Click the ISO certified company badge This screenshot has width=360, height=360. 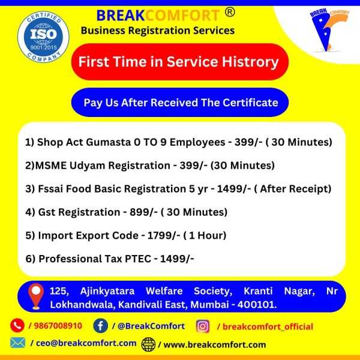(43, 37)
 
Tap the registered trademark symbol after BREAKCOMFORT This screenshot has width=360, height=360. (230, 12)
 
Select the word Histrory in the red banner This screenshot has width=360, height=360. (250, 62)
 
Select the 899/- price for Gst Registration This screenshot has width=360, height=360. (143, 212)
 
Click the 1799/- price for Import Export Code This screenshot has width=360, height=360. (163, 235)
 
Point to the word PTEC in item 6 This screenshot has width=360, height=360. (138, 259)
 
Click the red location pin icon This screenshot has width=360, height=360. (36, 296)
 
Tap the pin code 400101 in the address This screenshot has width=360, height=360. (256, 305)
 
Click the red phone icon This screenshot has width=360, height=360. (17, 325)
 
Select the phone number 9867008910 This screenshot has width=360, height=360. (58, 326)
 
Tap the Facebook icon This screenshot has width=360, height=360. (101, 326)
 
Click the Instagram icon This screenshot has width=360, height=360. (203, 326)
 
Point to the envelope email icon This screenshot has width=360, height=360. (17, 343)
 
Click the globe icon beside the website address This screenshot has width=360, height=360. (148, 344)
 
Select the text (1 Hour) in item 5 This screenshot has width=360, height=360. (205, 235)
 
